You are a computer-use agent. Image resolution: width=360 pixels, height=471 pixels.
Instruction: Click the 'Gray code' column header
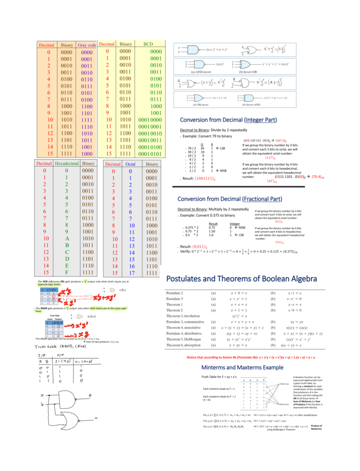87,45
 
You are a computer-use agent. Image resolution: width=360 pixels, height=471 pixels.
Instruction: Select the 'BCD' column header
148,44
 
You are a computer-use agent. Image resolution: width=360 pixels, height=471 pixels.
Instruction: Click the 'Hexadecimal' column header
67,163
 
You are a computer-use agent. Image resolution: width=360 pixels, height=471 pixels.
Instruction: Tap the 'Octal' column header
130,164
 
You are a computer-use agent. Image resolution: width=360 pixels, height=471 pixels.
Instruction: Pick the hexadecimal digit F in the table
67,272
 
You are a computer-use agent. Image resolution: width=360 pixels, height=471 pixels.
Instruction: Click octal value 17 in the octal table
132,273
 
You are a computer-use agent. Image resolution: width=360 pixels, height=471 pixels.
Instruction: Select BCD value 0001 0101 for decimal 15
150,154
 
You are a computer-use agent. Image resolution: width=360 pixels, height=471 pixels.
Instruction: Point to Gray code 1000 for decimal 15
87,154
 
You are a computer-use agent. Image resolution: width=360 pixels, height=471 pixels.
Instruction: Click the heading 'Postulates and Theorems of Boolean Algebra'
241,279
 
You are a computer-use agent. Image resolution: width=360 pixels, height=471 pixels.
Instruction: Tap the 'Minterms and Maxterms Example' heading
242,367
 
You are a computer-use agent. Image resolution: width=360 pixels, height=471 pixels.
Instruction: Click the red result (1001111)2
205,178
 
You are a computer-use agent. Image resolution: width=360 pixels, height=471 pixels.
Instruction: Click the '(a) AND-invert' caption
201,72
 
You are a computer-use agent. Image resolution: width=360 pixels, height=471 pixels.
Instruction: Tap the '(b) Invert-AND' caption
251,105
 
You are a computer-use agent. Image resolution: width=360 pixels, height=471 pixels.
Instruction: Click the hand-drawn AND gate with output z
68,399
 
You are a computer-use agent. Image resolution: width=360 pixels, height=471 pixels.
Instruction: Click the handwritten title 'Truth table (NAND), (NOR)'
60,346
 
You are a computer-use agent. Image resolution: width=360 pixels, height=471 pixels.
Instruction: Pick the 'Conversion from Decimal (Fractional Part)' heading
230,199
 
